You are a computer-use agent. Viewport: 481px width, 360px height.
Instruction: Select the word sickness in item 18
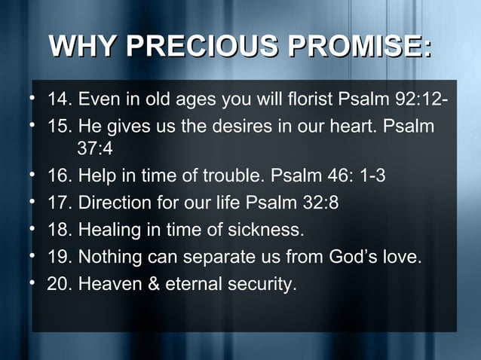266,230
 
